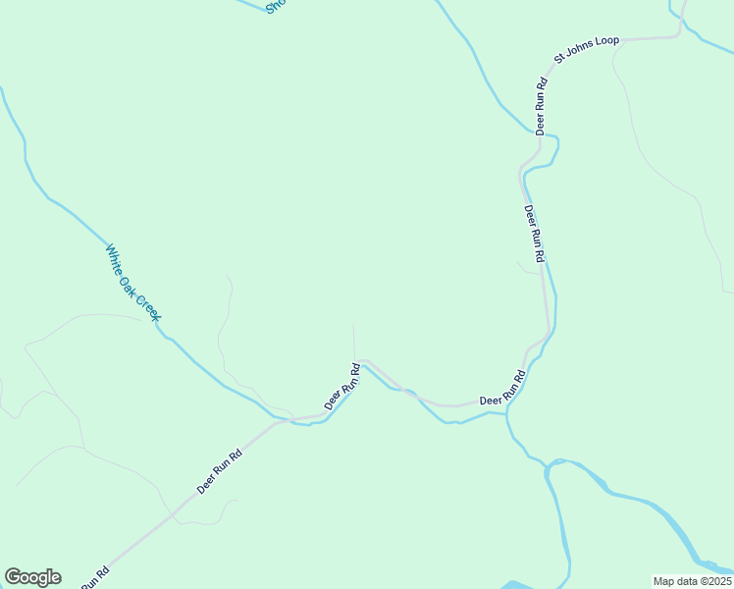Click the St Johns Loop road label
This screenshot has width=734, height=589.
tap(587, 49)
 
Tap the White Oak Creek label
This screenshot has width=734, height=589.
tap(132, 282)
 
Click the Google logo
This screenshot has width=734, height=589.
tap(32, 577)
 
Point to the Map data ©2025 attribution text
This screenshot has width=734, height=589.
tap(693, 581)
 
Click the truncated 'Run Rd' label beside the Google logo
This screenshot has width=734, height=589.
tap(94, 579)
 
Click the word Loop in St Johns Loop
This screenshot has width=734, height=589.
tap(606, 41)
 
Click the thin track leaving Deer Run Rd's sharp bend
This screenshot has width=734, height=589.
tap(354, 339)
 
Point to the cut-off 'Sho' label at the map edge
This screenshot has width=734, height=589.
tap(276, 7)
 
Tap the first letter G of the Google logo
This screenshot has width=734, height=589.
tap(14, 577)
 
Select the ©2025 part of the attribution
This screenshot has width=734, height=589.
tap(713, 581)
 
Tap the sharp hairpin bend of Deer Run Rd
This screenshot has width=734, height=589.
tap(361, 362)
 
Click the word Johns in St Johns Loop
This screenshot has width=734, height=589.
tap(581, 51)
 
